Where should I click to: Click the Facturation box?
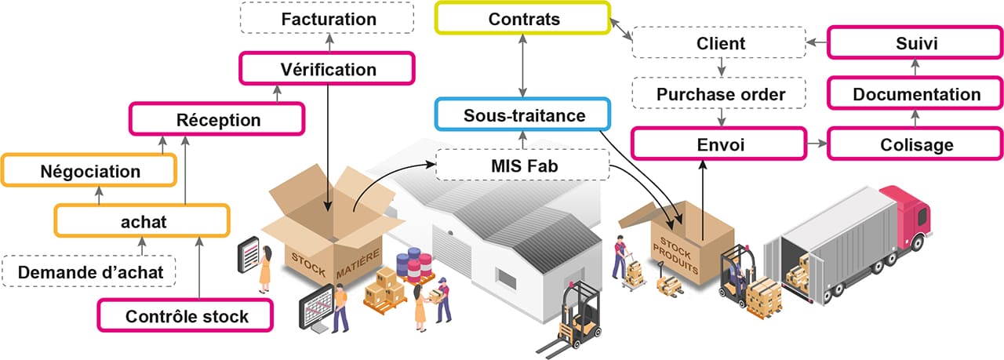[328, 18]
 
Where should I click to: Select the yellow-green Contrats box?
[524, 19]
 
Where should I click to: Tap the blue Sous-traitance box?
[522, 116]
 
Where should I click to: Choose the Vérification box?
[328, 69]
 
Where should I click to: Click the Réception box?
[217, 120]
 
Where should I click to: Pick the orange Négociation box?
[89, 171]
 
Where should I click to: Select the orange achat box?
[142, 221]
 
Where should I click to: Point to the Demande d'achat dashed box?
[90, 272]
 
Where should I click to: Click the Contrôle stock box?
[186, 317]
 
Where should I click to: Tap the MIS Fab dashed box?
[522, 165]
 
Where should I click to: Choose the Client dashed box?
[720, 44]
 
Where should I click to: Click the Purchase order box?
[720, 94]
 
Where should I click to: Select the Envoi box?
[718, 145]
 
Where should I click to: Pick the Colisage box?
[915, 145]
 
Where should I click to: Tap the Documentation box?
[915, 94]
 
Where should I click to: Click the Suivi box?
[915, 44]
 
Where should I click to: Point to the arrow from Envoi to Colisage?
[817, 145]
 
